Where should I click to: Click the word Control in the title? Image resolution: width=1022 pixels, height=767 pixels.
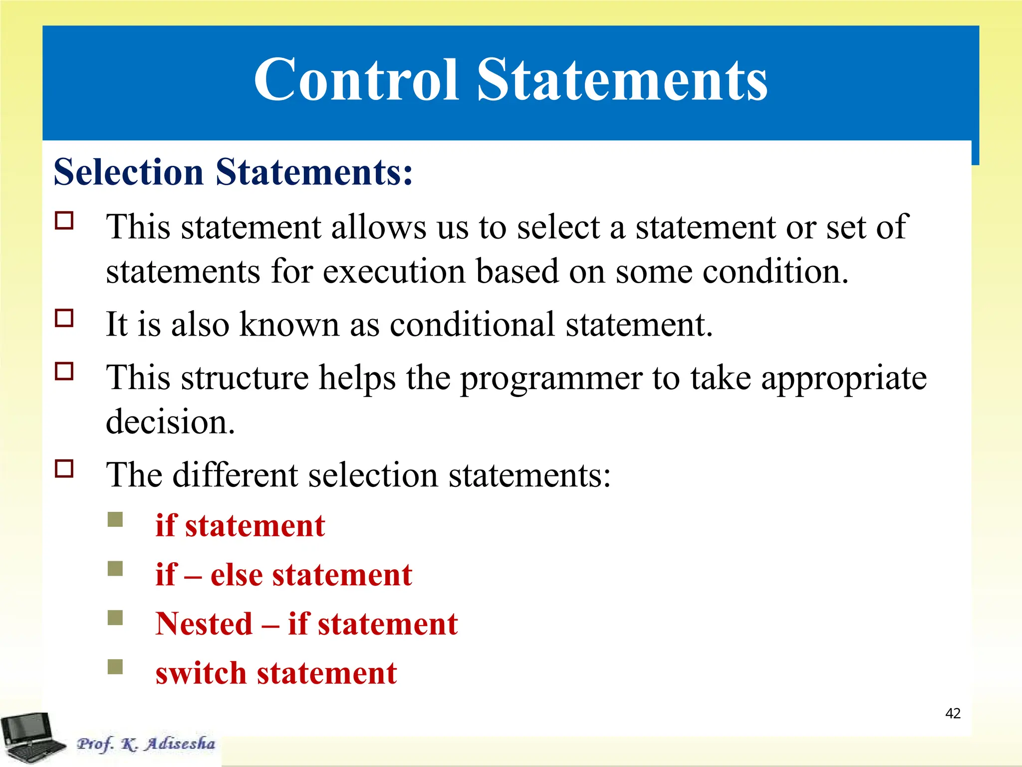coord(356,80)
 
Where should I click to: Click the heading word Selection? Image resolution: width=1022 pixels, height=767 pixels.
coord(129,172)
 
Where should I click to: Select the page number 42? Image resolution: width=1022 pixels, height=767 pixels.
coord(953,713)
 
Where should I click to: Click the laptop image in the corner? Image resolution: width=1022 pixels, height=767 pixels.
coord(31,737)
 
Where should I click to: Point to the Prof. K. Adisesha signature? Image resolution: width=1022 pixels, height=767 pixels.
coord(146,744)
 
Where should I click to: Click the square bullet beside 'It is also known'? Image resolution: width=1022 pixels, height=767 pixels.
coord(64,318)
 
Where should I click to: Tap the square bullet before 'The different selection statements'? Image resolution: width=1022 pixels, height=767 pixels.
coord(64,469)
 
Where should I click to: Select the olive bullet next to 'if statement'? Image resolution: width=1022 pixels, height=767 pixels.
coord(115,519)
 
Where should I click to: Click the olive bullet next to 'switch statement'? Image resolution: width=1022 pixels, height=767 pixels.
coord(115,667)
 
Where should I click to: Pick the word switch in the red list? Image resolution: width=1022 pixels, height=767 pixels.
coord(201,673)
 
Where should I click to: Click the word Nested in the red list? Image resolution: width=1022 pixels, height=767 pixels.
coord(204,624)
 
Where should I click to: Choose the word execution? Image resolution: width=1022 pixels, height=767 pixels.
coord(394,272)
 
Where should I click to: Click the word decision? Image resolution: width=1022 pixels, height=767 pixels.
coord(170,422)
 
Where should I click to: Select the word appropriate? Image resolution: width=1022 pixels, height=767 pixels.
coord(843,379)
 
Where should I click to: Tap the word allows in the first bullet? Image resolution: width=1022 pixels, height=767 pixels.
coord(379,227)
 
